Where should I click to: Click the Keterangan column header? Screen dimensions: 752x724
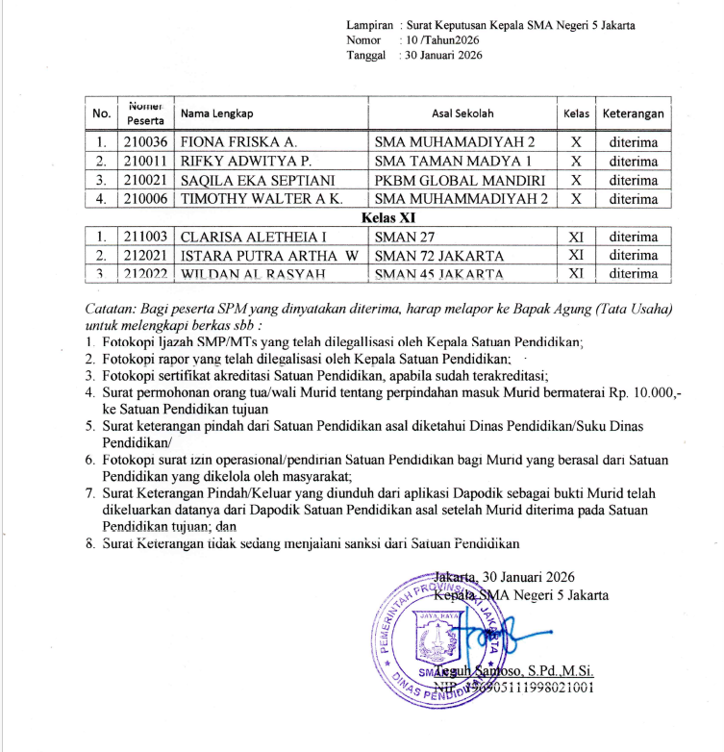[634, 113]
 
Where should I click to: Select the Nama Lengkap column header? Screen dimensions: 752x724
[216, 113]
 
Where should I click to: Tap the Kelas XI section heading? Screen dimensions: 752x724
[381, 218]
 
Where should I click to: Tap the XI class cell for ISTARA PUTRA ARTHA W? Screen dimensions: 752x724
[576, 256]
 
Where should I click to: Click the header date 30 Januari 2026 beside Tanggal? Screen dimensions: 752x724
[443, 55]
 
